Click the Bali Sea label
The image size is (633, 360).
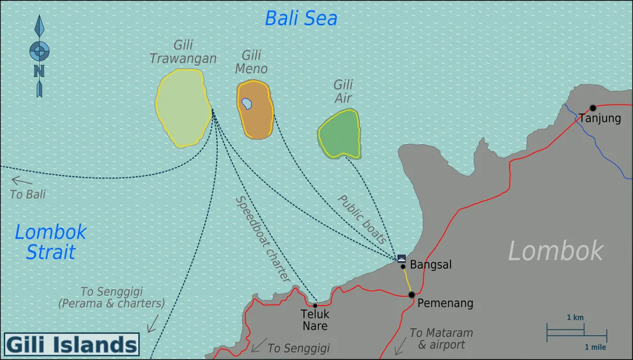click(x=301, y=18)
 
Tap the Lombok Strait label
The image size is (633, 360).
click(x=51, y=242)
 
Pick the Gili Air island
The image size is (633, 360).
click(x=339, y=134)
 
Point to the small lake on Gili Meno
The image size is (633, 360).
click(x=246, y=103)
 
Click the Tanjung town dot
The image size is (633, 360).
click(x=593, y=108)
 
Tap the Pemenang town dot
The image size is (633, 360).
click(x=411, y=295)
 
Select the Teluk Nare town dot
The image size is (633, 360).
click(x=315, y=306)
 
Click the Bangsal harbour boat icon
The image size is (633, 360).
click(x=401, y=258)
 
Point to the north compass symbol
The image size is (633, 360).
click(x=40, y=55)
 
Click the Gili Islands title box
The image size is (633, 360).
click(x=72, y=345)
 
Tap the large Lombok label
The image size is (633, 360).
click(x=555, y=251)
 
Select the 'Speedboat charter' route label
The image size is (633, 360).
click(x=263, y=239)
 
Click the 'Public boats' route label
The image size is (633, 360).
click(x=362, y=219)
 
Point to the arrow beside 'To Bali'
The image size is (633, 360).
click(x=22, y=182)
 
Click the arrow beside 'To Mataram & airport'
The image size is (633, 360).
click(x=400, y=346)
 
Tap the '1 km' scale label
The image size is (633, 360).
click(x=575, y=318)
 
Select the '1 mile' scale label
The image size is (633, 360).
click(x=595, y=347)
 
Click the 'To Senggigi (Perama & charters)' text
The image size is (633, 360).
click(x=112, y=297)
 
